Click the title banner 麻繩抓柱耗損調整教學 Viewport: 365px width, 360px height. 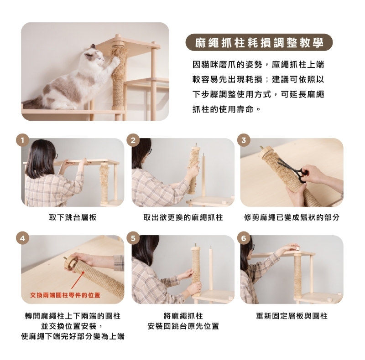point(259,42)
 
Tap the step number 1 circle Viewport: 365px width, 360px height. point(22,140)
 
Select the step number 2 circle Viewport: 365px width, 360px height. point(133,140)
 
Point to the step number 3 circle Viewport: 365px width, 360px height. point(244,140)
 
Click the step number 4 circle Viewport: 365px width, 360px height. point(22,239)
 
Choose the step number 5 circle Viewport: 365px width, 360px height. point(133,239)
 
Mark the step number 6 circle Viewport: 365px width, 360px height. point(244,239)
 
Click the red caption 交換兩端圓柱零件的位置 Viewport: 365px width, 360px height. point(65,295)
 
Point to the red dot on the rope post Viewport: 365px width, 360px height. point(83,273)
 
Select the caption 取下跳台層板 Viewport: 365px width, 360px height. point(73,217)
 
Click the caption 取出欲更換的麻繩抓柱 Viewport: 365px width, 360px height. point(183,217)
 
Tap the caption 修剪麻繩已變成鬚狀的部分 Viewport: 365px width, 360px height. point(292,217)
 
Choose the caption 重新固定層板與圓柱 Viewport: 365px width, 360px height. point(292,316)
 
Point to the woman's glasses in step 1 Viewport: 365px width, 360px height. point(56,156)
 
